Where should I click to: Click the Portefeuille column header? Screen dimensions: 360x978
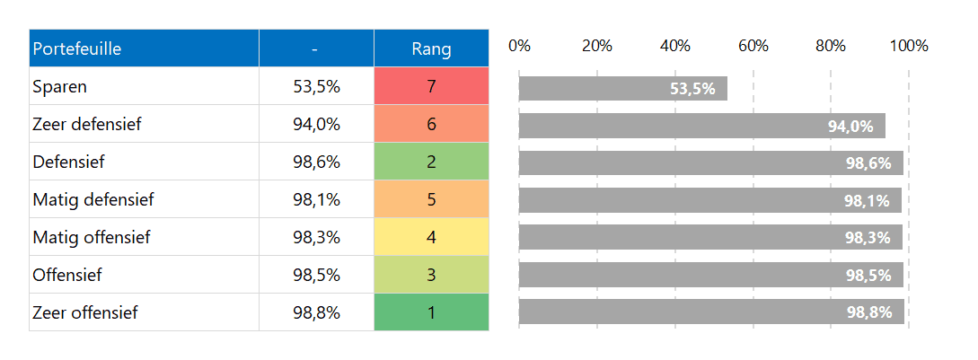pos(77,48)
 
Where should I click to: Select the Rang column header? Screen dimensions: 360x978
pos(431,48)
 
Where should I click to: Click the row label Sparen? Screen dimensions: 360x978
pos(59,87)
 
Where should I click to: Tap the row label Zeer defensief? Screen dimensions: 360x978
pos(86,125)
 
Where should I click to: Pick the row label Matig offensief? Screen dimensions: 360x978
pos(91,238)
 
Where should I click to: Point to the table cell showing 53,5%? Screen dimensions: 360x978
pos(316,87)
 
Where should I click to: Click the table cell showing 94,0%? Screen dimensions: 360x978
pos(316,125)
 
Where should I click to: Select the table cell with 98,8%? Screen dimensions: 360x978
pos(316,313)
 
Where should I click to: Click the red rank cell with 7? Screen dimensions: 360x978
pos(431,87)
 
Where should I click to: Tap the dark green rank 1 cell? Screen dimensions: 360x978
pos(431,313)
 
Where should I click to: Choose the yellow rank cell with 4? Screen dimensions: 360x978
pos(431,238)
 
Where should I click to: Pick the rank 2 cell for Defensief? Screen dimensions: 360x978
pos(431,162)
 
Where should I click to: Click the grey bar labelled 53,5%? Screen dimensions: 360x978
pos(622,88)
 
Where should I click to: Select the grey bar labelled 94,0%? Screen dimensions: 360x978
pos(701,126)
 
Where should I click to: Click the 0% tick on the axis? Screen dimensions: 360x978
pos(519,47)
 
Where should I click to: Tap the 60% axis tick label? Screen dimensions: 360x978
pos(753,47)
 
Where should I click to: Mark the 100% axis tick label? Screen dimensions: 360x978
pos(909,47)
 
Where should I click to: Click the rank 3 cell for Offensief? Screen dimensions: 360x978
pos(431,276)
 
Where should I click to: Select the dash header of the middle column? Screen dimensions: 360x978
pos(316,48)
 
